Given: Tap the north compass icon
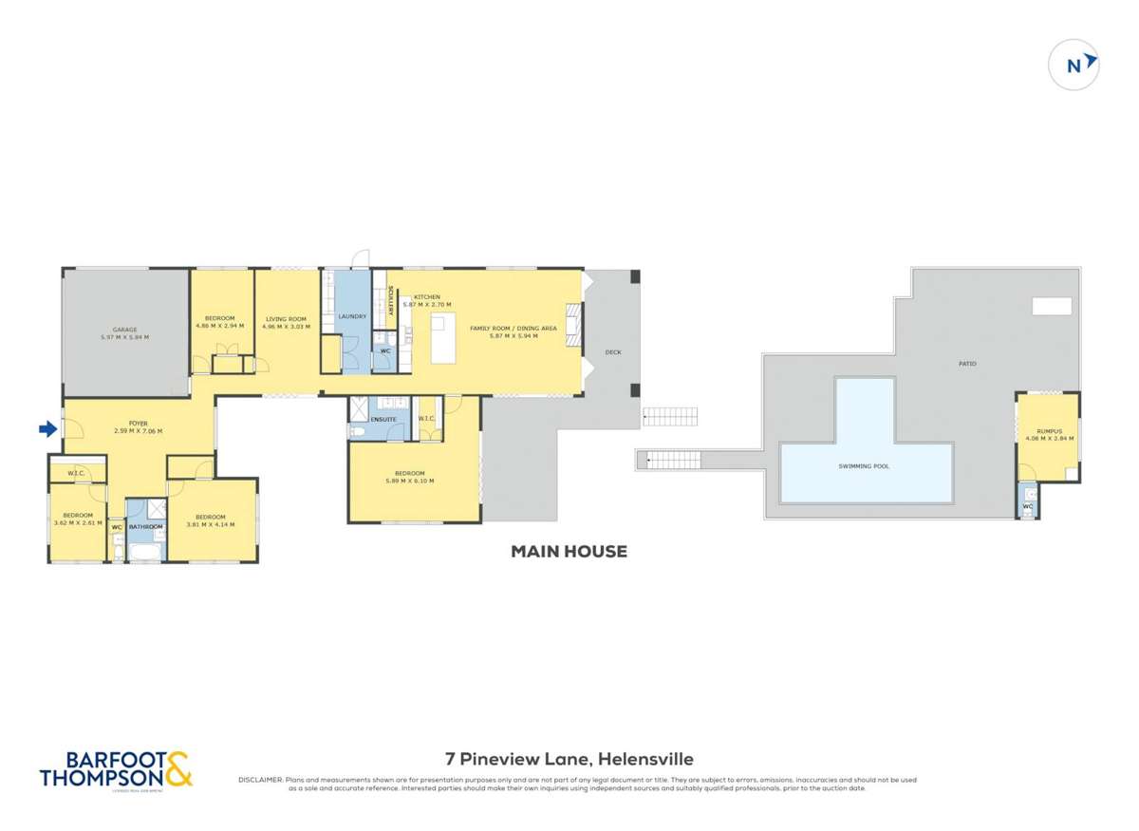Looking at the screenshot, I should (1074, 66).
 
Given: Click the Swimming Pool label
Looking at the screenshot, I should (864, 466).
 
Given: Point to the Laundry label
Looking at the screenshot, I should (352, 316).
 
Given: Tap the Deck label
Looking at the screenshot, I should (613, 352).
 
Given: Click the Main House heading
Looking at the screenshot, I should (569, 551).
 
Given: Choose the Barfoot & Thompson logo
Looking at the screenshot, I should (116, 769).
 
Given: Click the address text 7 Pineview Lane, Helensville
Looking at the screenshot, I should (569, 759).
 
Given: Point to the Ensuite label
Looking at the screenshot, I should (383, 418).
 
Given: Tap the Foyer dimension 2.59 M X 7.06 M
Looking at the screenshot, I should (139, 431).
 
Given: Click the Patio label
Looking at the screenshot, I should (966, 364).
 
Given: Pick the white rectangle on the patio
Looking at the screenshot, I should (1052, 306).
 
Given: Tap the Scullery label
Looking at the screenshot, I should (392, 303).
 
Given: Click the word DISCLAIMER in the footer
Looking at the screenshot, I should (259, 780).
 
